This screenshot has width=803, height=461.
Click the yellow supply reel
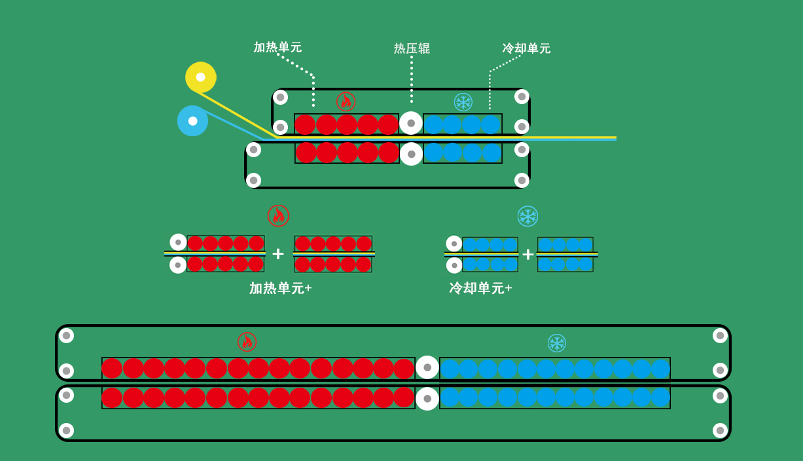200,77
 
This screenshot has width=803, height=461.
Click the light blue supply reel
192,121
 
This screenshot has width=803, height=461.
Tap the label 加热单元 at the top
277,47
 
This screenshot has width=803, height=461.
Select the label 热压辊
412,48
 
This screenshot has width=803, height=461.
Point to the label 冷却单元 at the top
526,48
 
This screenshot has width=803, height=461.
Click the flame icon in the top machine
346,101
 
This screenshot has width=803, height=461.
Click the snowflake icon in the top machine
463,102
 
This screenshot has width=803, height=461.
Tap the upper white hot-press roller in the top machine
411,123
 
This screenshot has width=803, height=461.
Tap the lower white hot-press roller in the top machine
411,154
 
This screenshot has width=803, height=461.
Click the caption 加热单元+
281,288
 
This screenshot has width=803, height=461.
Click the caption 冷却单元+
480,288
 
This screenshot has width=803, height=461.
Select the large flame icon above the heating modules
278,215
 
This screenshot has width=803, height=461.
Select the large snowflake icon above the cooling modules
527,216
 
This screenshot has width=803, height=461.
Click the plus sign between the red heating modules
278,253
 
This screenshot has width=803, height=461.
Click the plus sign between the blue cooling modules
527,254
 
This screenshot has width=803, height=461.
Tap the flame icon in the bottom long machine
247,342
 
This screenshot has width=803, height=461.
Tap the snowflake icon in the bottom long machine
556,343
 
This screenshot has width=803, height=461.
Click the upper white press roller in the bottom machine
427,367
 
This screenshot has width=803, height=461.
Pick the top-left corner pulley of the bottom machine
66,335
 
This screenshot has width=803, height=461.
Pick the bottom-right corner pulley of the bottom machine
720,430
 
